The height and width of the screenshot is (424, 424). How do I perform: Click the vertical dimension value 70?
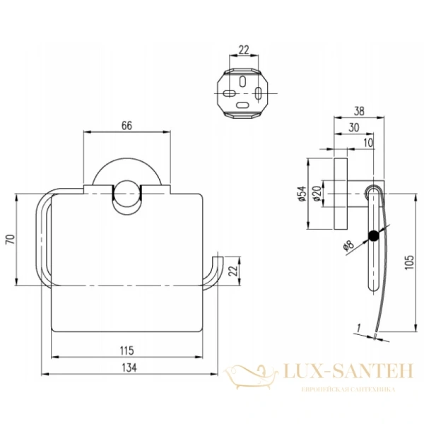tap(9, 238)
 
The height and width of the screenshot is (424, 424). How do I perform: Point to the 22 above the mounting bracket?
tap(244, 49)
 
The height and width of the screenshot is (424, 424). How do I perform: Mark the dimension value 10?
tap(368, 143)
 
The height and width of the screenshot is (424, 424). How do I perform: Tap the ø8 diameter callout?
tap(348, 247)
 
